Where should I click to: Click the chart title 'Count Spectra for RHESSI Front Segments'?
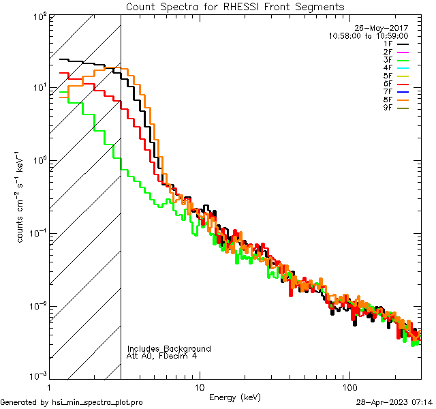click(x=235, y=7)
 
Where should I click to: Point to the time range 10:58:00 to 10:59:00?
click(x=368, y=35)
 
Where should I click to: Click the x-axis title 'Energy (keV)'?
click(x=234, y=397)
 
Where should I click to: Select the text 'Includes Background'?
click(x=168, y=348)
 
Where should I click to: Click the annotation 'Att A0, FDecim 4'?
click(x=162, y=356)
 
